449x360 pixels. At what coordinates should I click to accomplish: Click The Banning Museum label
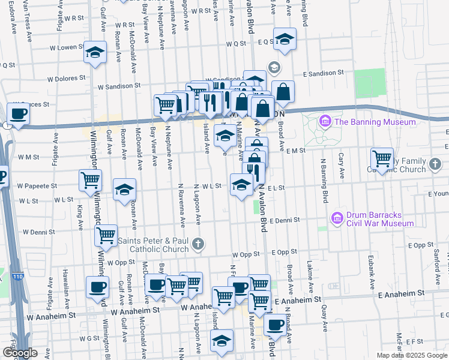[375, 122]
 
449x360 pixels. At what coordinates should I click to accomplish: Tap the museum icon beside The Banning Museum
[326, 122]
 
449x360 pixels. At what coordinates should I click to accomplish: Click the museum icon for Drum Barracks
[336, 216]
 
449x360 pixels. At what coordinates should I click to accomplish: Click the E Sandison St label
[324, 73]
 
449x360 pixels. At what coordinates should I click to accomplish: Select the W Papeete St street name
[37, 186]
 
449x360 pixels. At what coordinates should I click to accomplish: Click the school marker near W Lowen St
[95, 53]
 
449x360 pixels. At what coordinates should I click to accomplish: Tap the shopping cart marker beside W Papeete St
[90, 179]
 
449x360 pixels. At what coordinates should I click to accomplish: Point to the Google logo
[20, 353]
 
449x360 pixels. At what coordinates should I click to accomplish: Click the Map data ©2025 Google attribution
[411, 355]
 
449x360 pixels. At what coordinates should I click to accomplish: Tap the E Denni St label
[285, 220]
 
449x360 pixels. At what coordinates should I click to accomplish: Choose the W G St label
[88, 338]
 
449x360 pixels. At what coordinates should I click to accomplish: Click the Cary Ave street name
[342, 161]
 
